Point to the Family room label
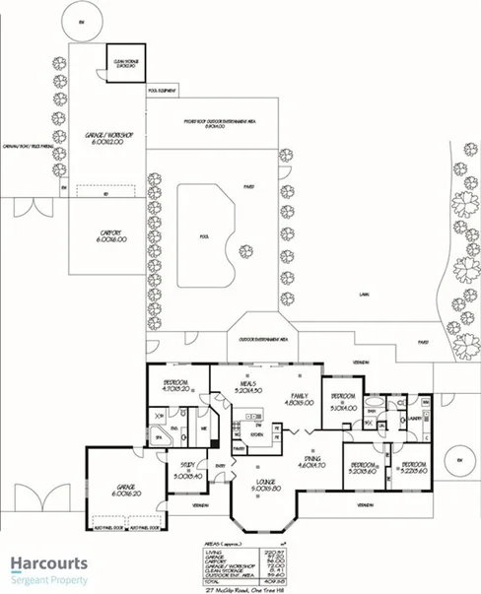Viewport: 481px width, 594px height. point(298,398)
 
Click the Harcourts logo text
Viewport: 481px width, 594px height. point(49,564)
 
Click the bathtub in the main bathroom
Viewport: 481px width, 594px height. point(377,404)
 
